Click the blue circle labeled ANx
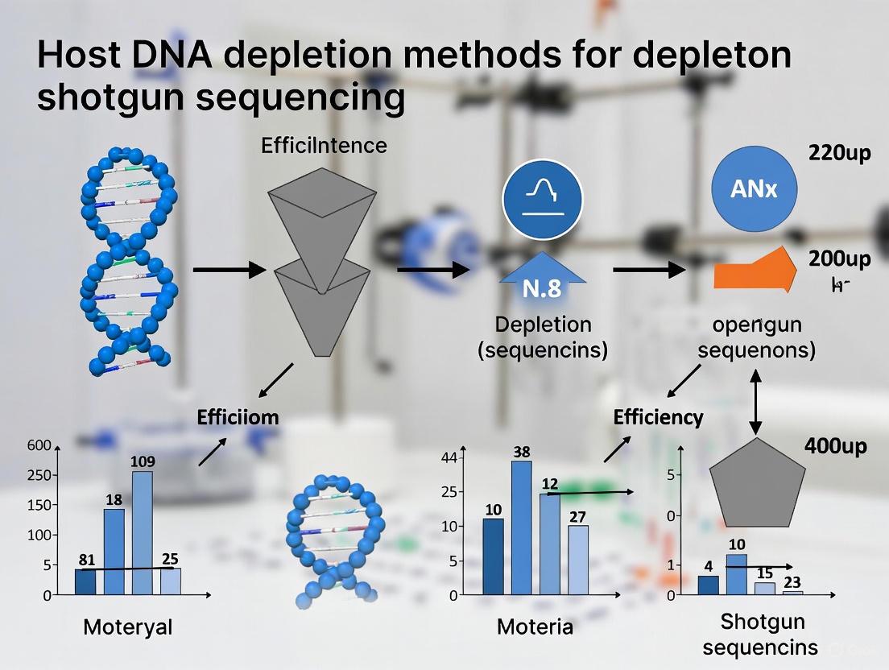tap(755, 190)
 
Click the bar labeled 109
tap(143, 532)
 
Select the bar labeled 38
tap(522, 527)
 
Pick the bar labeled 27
tap(578, 560)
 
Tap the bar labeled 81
tap(85, 581)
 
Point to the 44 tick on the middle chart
tap(449, 458)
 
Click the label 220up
tap(839, 153)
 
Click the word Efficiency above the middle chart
tap(658, 417)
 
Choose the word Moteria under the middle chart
tap(535, 627)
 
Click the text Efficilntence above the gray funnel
tap(324, 146)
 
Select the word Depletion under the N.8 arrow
tap(543, 325)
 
